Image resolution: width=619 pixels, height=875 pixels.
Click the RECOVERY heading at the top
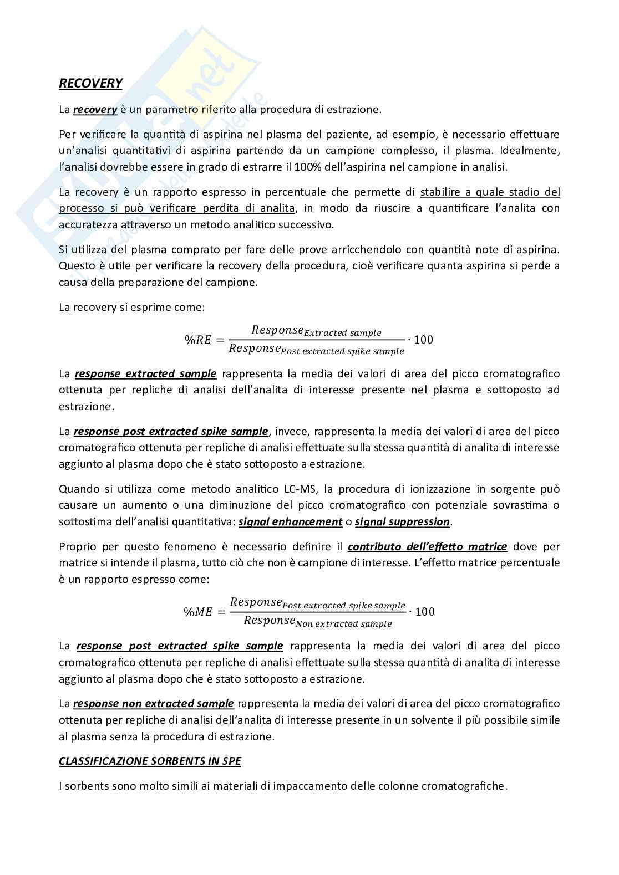point(90,83)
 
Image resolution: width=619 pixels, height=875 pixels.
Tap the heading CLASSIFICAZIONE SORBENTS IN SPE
point(150,761)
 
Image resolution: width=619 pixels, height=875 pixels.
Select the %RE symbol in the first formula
point(198,340)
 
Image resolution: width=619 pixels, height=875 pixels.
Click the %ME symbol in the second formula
point(198,612)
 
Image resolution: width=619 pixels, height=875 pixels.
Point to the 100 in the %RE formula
point(423,339)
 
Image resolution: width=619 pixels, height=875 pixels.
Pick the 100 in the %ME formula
point(425,611)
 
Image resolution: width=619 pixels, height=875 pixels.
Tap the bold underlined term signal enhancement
point(290,521)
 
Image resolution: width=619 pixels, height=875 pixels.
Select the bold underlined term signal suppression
point(402,521)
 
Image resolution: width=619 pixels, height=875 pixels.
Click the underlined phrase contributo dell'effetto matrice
point(427,546)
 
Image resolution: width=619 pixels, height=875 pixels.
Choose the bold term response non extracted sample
point(153,703)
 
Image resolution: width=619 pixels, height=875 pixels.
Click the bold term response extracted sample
point(145,373)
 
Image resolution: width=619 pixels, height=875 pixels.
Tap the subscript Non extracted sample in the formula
point(344,624)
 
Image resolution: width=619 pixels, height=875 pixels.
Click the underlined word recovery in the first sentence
point(95,109)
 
